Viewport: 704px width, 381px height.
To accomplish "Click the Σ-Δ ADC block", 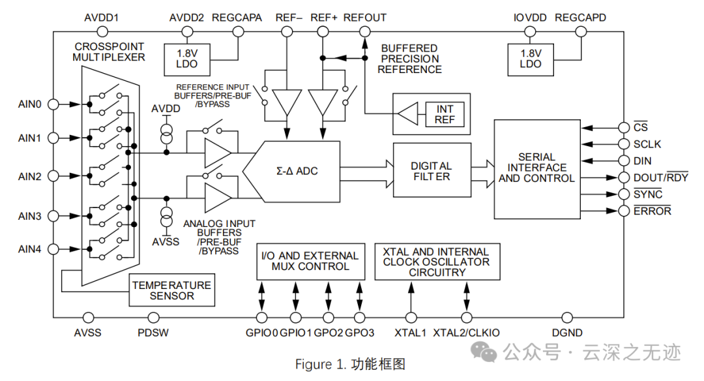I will pos(297,171).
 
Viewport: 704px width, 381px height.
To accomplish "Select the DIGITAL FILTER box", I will pos(432,171).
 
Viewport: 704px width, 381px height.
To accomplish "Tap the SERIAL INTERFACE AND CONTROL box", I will pos(536,168).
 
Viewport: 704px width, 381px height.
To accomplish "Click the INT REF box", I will pos(445,114).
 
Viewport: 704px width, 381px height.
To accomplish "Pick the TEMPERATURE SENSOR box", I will pos(172,290).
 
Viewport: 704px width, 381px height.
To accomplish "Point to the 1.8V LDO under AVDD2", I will pos(187,59).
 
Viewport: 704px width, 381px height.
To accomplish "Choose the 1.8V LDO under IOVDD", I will pos(530,59).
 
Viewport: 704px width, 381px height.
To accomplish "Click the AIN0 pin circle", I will pos(54,104).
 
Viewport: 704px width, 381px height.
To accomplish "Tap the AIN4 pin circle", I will pos(54,249).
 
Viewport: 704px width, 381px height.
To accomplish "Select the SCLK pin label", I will pos(647,144).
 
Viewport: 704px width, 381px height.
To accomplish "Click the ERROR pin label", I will pos(652,211).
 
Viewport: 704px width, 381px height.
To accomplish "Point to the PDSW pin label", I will pos(153,333).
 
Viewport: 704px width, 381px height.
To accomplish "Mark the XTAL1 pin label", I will pos(411,333).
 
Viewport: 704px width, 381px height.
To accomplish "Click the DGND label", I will pos(567,333).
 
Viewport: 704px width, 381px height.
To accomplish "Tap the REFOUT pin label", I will pos(365,18).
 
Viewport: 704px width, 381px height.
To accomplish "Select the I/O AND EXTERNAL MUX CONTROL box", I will pos(310,261).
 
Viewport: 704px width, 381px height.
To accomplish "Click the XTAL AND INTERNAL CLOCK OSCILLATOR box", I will pos(437,262).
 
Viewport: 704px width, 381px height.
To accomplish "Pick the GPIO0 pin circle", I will pos(262,318).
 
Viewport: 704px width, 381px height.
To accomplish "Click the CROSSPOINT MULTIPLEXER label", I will pos(110,52).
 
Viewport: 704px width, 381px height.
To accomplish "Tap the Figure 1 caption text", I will pos(350,363).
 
